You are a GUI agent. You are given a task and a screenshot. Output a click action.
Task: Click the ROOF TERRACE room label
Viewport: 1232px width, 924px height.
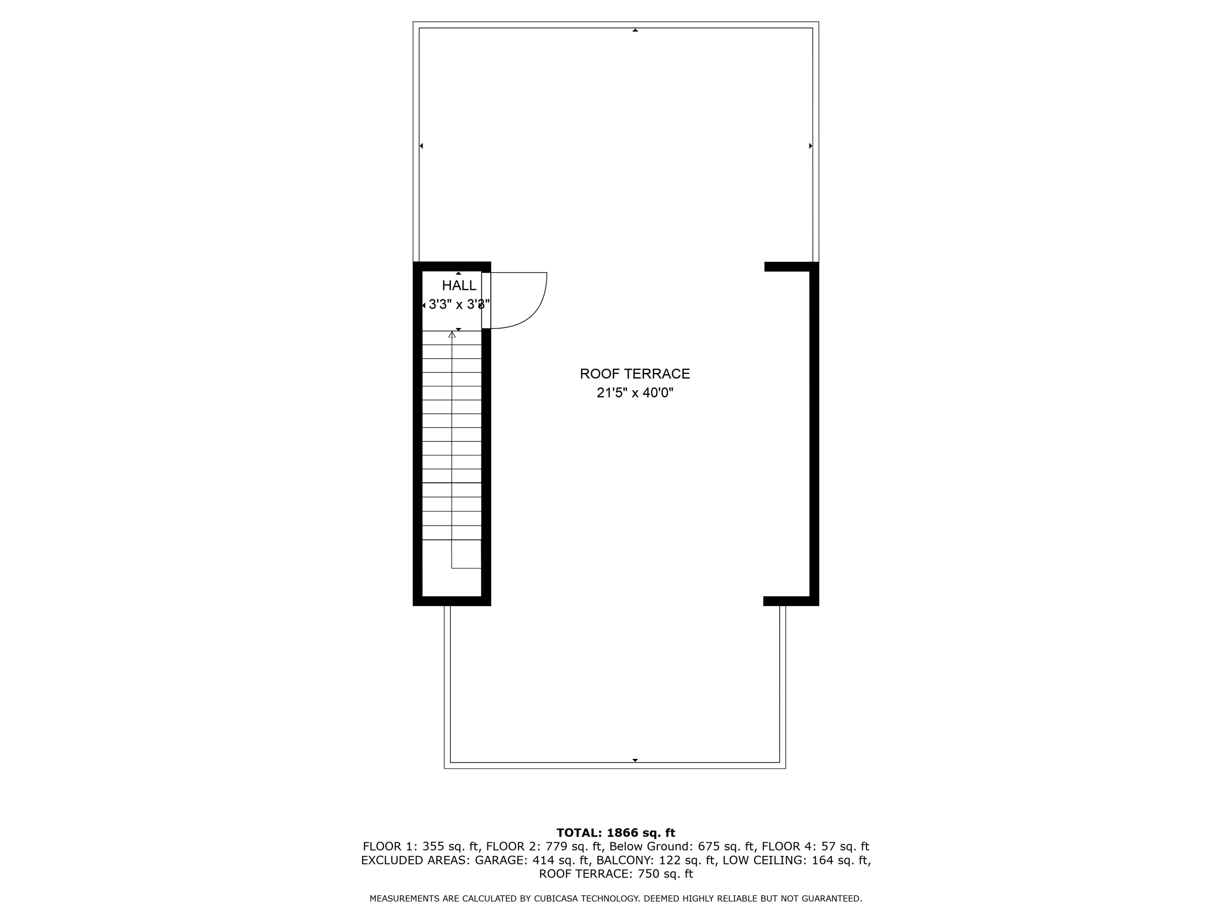tap(634, 374)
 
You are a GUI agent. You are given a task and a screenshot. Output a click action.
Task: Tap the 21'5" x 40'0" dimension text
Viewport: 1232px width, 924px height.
tap(635, 393)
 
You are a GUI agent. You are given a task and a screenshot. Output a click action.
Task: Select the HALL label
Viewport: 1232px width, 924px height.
tap(459, 286)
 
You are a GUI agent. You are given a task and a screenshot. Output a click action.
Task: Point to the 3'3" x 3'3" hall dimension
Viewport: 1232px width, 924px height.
tap(459, 305)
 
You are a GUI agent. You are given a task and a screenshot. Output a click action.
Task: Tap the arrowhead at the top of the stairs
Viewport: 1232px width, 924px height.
tap(452, 335)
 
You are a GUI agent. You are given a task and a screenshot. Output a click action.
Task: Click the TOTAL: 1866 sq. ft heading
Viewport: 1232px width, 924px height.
tap(616, 833)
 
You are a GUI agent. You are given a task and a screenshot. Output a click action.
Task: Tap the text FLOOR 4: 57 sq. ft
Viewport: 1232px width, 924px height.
tap(816, 846)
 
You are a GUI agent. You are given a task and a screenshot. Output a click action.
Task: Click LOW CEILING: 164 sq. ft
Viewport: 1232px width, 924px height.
tap(796, 860)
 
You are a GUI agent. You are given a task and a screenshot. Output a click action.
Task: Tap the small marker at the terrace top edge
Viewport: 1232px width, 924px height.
tap(635, 30)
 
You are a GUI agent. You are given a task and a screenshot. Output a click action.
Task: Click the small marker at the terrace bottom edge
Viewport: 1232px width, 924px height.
tap(635, 760)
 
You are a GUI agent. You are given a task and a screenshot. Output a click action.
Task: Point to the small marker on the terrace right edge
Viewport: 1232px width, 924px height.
tap(810, 146)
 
